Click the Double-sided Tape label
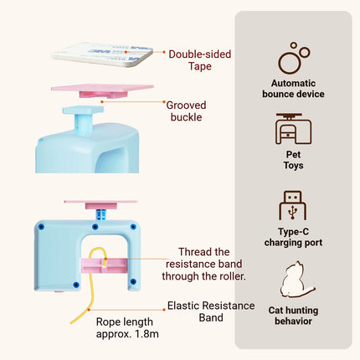coord(200,60)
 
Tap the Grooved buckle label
coord(186,111)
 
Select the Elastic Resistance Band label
coord(211,311)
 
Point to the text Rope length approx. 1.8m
coord(127,327)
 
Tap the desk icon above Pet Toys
coord(293,129)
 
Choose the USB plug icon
coord(292,205)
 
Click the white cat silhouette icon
coord(296,280)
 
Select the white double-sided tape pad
coord(102,54)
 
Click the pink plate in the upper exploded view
coord(102,90)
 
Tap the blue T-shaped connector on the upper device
coord(83,120)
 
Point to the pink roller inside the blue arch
coord(104,265)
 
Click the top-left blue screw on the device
coord(42,227)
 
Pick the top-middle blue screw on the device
coord(95,227)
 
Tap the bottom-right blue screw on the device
coord(133,281)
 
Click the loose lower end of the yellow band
coord(71,322)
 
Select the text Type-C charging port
coord(293,237)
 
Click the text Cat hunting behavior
coord(293,316)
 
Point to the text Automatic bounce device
coord(293,89)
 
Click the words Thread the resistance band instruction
coord(203,264)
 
